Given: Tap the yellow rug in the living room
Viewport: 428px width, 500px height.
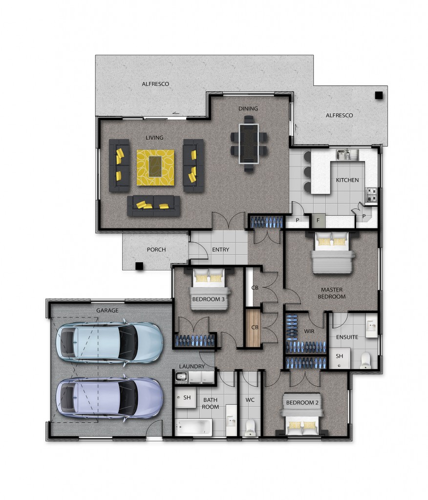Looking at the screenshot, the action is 156,167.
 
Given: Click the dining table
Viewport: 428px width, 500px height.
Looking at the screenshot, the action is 249,144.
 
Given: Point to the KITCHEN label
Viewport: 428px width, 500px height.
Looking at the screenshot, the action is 347,180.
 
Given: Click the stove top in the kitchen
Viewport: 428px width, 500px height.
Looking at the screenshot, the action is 371,194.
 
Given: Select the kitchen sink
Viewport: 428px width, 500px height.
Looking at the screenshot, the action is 343,155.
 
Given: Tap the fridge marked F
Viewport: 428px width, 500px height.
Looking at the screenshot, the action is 318,220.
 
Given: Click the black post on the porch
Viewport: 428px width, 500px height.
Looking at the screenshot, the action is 139,266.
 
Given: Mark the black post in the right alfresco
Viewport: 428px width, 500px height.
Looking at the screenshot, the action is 379,95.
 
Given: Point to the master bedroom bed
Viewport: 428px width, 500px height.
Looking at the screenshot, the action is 332,252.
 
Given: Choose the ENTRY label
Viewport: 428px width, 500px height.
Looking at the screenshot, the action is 220,250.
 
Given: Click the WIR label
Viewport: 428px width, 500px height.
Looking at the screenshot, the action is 309,332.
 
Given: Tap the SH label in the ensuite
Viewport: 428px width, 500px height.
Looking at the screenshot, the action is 339,356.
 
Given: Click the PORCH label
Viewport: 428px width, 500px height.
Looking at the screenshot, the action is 156,250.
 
